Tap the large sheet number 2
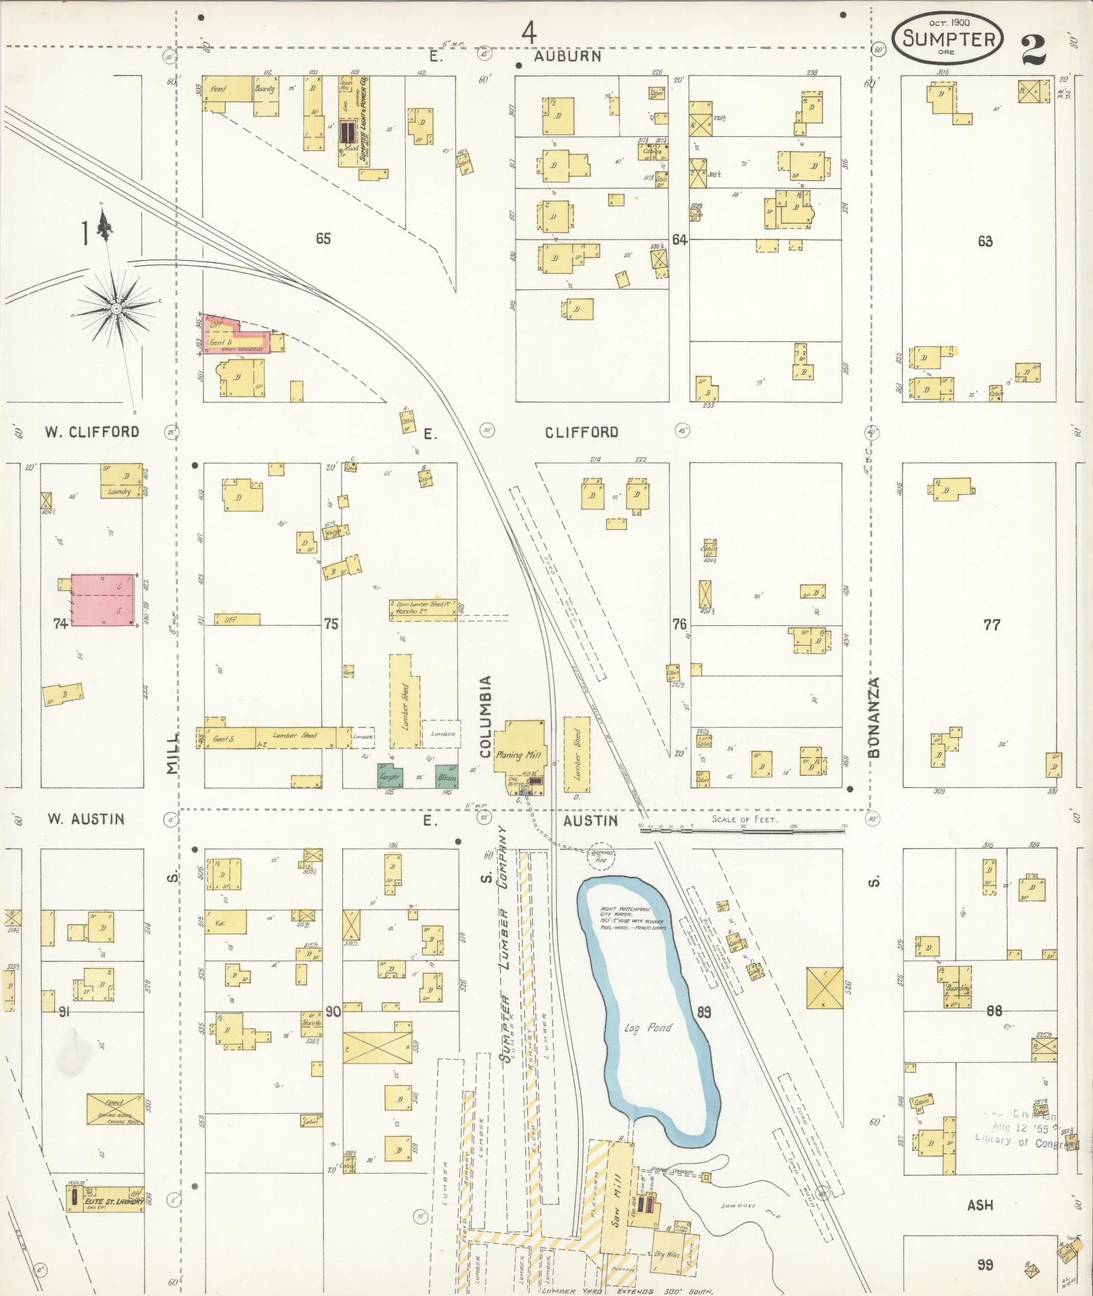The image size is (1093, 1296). click(1033, 47)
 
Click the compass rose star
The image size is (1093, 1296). click(117, 309)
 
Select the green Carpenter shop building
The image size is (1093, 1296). click(390, 776)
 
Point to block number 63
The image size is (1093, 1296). click(985, 241)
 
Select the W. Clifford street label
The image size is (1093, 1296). click(92, 432)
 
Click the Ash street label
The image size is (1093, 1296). click(980, 1205)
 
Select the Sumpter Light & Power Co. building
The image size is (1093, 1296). click(355, 121)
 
